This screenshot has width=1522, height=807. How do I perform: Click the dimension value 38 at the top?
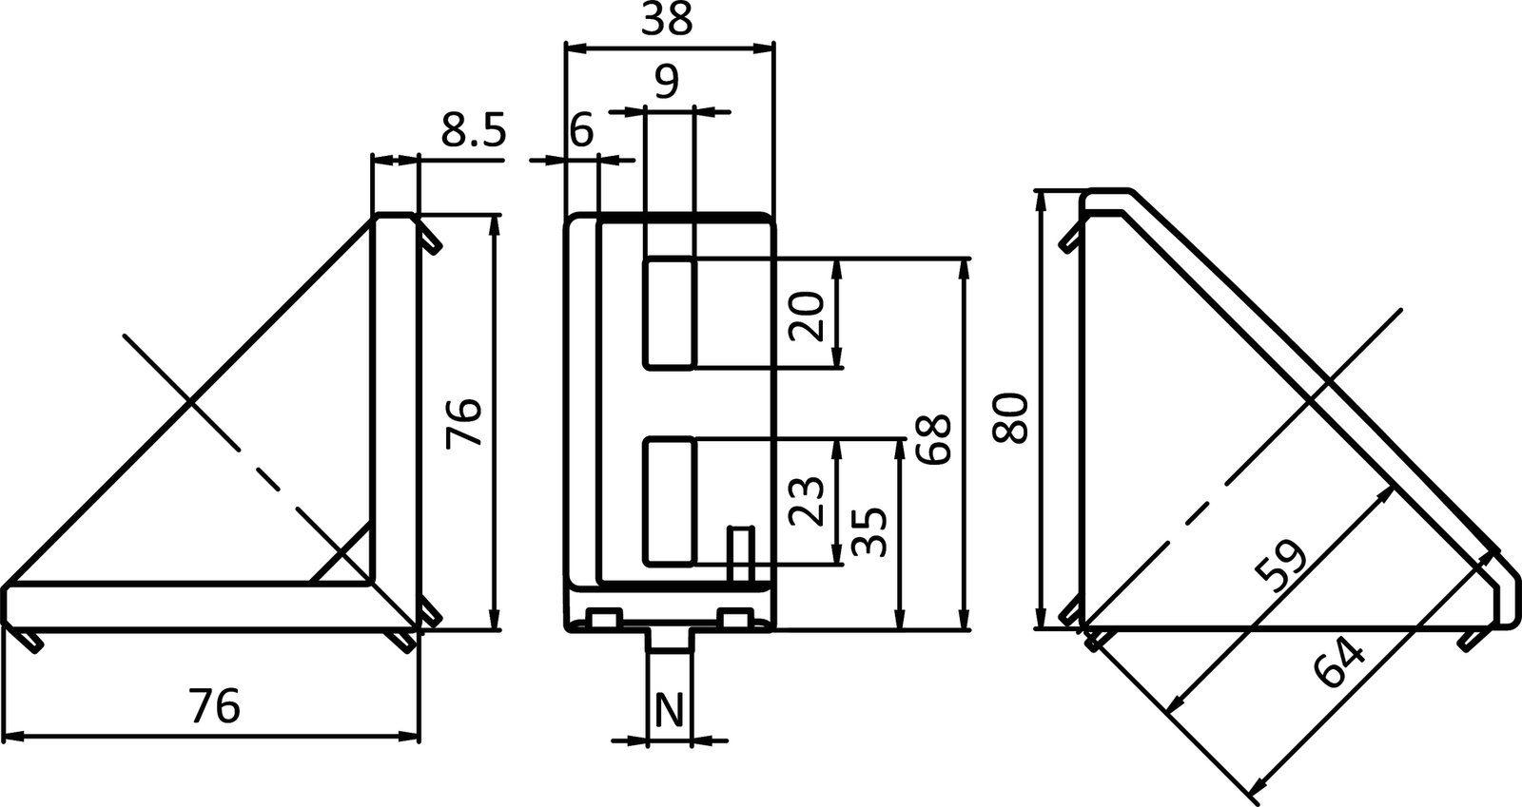(x=667, y=20)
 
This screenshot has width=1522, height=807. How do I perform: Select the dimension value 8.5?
(x=473, y=130)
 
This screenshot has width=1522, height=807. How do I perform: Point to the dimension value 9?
(x=668, y=83)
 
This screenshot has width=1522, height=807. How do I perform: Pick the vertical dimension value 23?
(x=806, y=500)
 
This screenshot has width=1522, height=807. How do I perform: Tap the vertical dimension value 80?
(x=1010, y=417)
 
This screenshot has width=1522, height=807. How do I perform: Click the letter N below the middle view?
(x=670, y=710)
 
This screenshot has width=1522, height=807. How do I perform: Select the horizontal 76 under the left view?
(x=214, y=706)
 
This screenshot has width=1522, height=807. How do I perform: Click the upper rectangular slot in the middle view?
(x=670, y=312)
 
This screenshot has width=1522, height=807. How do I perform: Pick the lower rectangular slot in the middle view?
(x=670, y=501)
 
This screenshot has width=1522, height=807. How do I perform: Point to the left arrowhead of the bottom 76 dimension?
(x=13, y=737)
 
